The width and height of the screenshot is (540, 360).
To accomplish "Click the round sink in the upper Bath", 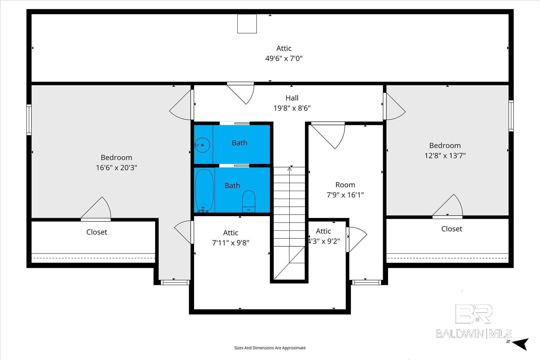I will point(202,145).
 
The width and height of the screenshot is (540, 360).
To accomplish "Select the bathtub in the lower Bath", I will point(204,191).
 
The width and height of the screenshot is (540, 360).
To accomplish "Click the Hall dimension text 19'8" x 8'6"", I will point(292,108).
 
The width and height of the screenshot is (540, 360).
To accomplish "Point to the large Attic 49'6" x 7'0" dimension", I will point(284,58).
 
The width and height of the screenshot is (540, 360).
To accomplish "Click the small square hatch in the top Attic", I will point(247,24).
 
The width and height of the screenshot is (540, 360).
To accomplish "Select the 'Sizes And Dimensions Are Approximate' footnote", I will point(270,348).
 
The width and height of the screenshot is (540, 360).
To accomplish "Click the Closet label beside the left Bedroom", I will point(97,232).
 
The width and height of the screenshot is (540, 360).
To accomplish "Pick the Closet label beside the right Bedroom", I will point(452,229).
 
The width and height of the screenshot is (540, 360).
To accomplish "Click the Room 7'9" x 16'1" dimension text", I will point(345,195).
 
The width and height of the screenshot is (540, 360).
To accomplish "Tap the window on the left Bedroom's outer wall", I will point(29,120).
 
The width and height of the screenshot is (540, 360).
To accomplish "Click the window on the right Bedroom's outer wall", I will point(511,116).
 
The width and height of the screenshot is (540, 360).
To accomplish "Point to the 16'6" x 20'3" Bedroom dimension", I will point(116,168).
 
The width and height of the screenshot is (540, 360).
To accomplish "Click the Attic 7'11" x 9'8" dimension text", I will point(231,243).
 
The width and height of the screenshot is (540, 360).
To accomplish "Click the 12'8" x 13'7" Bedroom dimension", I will point(445,155).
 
